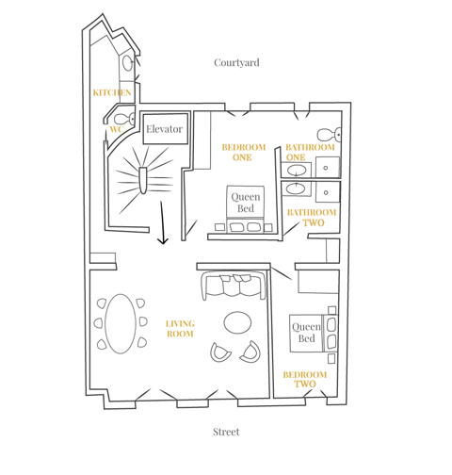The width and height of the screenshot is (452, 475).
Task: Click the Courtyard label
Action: [x=236, y=63]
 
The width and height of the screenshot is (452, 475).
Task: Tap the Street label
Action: [x=226, y=432]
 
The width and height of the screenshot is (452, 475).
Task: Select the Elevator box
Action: [x=166, y=129]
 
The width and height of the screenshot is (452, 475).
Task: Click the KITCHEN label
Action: [x=112, y=92]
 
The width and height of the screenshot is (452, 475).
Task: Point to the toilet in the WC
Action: [x=124, y=119]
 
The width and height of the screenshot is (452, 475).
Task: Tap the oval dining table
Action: [x=121, y=323]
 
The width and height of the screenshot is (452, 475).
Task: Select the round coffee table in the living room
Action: [x=237, y=322]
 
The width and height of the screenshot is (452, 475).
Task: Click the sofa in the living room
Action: [x=234, y=286]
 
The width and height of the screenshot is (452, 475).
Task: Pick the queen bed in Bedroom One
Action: [x=245, y=209]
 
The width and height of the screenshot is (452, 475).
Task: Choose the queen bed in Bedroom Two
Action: [x=314, y=333]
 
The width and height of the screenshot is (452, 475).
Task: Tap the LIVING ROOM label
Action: [x=180, y=329]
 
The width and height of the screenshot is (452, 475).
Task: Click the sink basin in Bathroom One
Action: [x=297, y=171]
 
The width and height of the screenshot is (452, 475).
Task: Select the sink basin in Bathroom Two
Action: [x=296, y=188]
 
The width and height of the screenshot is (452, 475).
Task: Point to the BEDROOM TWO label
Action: [x=305, y=379]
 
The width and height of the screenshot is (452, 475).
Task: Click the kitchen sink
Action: [x=127, y=63]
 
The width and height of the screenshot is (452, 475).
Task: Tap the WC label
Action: [x=117, y=129]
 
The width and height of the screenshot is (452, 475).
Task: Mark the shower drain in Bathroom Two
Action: [x=326, y=192]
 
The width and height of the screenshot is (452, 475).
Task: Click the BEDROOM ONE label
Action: [x=244, y=153]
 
